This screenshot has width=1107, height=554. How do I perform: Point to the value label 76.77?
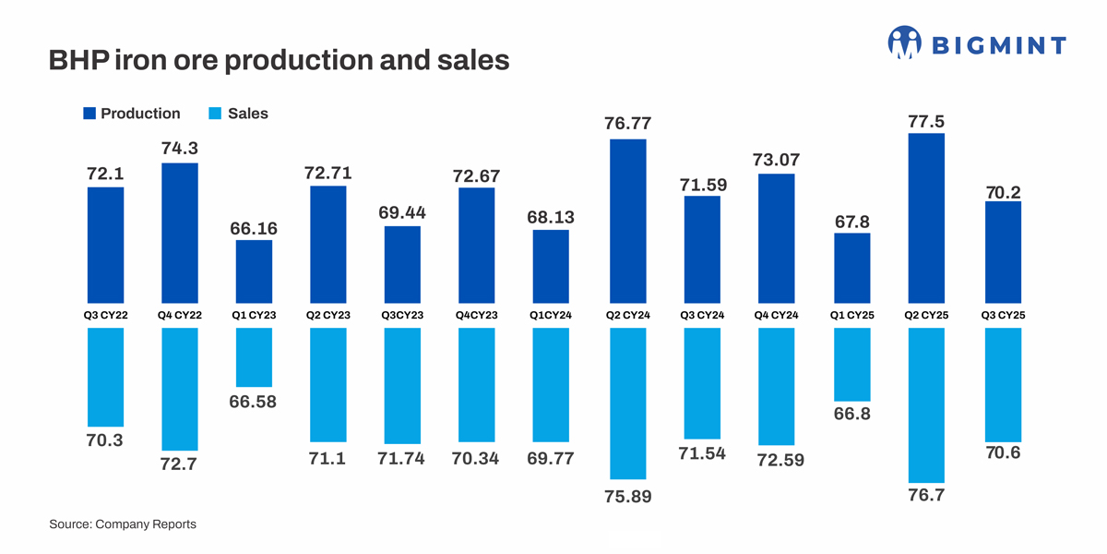tap(627, 124)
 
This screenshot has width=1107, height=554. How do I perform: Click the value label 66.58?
tap(254, 402)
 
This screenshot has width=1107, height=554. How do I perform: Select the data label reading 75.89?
tap(627, 497)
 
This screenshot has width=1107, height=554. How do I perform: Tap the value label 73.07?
tap(776, 160)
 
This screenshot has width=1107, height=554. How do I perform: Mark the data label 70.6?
tap(1003, 454)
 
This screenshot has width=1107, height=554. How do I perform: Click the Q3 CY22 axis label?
tap(105, 316)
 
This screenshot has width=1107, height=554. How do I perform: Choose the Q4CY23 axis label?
tap(476, 316)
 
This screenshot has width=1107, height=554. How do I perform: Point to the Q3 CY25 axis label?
tap(1003, 316)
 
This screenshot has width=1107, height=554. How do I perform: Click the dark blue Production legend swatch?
tap(89, 114)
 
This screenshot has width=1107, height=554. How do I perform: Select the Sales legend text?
tap(247, 114)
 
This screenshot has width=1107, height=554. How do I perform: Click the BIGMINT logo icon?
tap(904, 42)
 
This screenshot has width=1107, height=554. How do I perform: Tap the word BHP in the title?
tap(78, 61)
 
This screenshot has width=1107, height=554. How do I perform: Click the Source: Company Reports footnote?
tap(123, 524)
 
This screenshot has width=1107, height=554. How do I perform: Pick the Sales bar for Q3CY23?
tap(402, 386)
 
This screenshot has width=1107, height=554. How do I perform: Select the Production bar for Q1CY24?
tap(551, 267)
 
